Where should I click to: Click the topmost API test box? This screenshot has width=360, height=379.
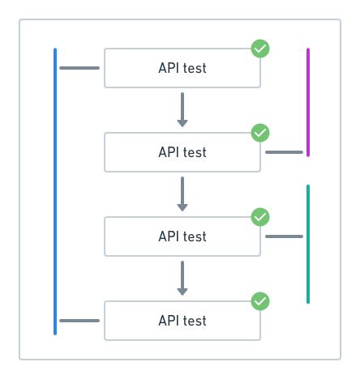pos(182,68)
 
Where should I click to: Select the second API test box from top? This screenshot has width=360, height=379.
pos(182,152)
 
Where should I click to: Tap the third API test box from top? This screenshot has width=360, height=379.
pos(182,236)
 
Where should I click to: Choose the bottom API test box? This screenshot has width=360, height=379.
pos(182,321)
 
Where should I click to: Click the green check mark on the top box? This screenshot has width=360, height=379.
pos(260,49)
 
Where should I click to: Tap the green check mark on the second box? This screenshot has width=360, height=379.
pos(260,133)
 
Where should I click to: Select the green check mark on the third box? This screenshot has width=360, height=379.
pos(260,217)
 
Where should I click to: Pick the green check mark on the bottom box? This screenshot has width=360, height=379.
pos(260,301)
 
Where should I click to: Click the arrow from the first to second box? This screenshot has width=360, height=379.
pos(182,109)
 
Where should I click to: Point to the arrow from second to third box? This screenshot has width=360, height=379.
pos(182,194)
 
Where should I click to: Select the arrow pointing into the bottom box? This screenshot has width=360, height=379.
pos(182,279)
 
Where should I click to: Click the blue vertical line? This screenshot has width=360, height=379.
pos(55,191)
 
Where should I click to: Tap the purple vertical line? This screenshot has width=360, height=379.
pos(308,101)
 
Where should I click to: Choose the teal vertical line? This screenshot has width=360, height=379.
pos(308,244)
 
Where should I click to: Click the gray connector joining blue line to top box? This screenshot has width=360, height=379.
pos(79,68)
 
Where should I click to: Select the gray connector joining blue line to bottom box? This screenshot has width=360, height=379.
pos(79,321)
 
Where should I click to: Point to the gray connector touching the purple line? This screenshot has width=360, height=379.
pos(285,152)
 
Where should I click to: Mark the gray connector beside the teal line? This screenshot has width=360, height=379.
pos(285,236)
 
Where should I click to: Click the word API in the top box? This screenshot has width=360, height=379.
pos(169,68)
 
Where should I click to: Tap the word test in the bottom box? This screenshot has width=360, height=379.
pos(194,321)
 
